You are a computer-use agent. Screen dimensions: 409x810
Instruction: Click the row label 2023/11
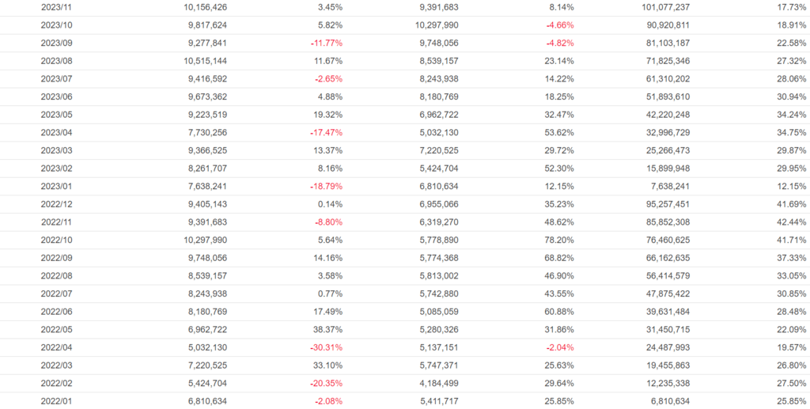(57, 7)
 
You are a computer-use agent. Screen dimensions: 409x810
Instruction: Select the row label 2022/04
(57, 347)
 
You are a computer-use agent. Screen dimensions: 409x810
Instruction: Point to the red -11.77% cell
(327, 43)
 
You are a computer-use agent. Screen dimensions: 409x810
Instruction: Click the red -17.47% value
(327, 132)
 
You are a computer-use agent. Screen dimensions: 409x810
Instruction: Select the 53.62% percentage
(558, 132)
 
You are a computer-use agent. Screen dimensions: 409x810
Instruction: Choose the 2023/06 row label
(57, 97)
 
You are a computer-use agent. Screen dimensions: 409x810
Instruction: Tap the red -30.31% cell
(327, 347)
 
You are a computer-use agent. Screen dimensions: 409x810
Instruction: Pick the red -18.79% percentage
(327, 186)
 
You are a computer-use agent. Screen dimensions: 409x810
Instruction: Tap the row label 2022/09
(57, 258)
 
